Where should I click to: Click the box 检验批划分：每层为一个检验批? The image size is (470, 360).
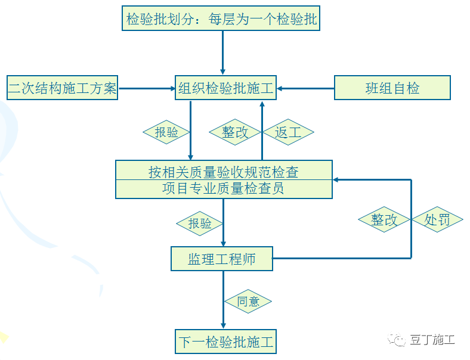(x=222, y=19)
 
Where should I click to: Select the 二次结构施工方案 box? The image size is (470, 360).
(x=62, y=89)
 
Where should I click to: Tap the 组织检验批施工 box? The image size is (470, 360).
(x=225, y=89)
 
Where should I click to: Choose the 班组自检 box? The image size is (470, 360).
(x=392, y=88)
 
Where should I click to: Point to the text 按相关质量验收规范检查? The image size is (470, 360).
(x=223, y=172)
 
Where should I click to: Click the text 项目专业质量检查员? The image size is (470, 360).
(x=223, y=189)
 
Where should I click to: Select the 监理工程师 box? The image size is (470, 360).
(x=222, y=259)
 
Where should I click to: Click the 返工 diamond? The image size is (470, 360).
(x=288, y=132)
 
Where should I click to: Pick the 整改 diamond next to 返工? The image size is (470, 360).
(x=235, y=132)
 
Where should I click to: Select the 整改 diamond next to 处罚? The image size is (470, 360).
(x=384, y=220)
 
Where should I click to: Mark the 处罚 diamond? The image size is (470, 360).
(x=437, y=220)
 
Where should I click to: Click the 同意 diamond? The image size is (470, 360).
(x=248, y=302)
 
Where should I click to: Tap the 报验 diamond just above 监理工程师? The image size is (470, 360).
(x=200, y=224)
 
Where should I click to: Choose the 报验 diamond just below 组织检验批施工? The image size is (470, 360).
(x=166, y=132)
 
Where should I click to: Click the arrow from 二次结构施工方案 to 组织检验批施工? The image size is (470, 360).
(x=146, y=89)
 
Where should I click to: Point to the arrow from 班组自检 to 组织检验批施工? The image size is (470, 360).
(x=305, y=89)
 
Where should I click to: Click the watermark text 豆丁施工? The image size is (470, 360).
(x=432, y=340)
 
